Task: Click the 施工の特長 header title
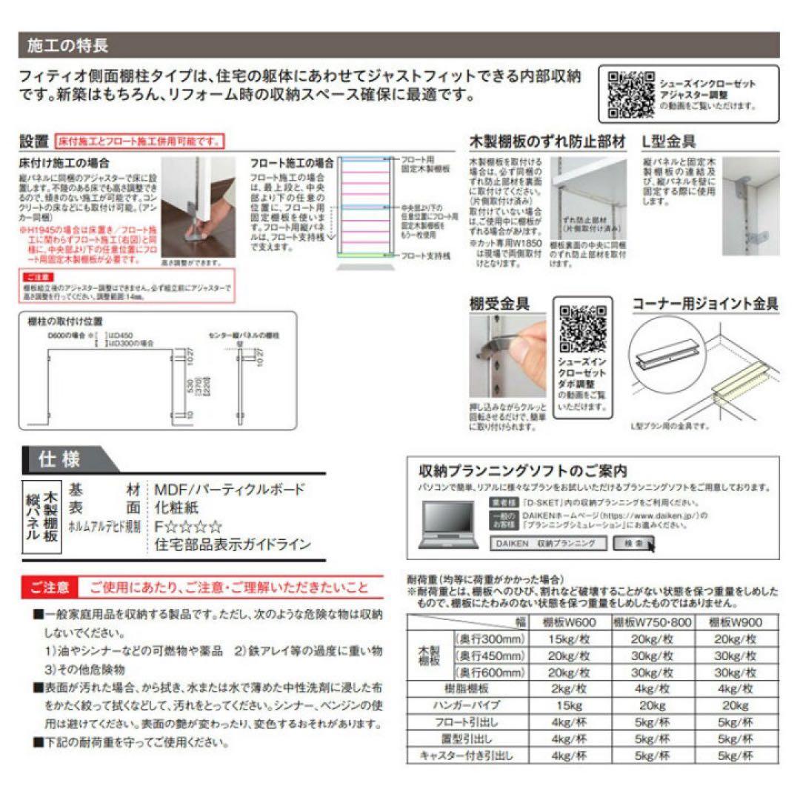(67, 46)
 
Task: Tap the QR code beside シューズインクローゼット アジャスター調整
(630, 94)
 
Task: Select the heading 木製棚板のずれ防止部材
(547, 141)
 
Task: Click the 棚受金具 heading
(499, 304)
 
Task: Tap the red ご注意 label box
(50, 588)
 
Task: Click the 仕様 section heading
(59, 460)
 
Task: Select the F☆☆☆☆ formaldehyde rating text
(188, 527)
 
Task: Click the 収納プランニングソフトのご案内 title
(523, 470)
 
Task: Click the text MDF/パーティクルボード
(229, 490)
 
